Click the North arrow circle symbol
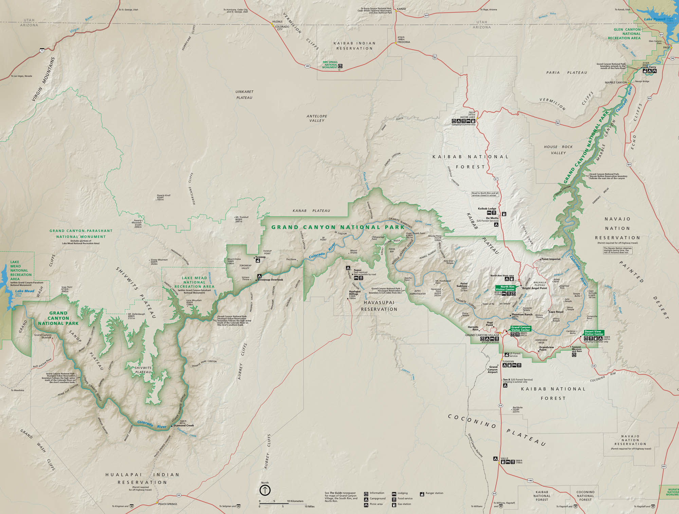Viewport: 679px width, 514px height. tap(265, 490)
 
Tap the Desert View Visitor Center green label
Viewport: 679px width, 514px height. tap(594, 333)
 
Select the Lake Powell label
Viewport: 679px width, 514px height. tap(655, 19)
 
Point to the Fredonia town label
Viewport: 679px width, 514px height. tap(404, 42)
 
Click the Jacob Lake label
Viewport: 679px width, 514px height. tap(467, 117)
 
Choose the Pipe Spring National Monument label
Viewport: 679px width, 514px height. tap(330, 65)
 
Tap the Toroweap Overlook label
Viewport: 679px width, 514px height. tap(270, 280)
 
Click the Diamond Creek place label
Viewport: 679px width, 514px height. tap(184, 425)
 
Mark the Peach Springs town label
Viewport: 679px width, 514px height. tap(167, 504)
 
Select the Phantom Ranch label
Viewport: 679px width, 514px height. tap(522, 314)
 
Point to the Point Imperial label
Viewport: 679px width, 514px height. tap(551, 259)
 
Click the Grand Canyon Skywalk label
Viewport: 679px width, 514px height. tap(43, 336)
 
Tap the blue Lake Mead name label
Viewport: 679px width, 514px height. tap(25, 291)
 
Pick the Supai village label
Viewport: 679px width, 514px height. tap(357, 270)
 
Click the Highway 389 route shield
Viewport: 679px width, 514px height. tap(307, 66)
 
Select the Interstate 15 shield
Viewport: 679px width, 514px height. tap(42, 51)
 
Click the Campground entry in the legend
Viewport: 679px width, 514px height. tap(377, 498)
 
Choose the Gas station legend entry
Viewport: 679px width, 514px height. tap(404, 504)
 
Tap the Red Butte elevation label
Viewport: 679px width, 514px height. tap(517, 407)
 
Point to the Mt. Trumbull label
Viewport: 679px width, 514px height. tap(242, 217)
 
